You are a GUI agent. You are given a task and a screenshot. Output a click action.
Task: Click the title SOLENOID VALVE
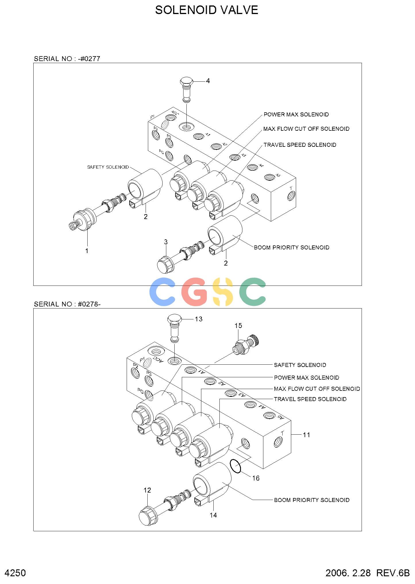pos(206,10)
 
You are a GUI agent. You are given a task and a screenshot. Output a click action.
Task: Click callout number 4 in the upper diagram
pos(208,81)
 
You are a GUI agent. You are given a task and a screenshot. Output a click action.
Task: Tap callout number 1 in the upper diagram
pos(87,251)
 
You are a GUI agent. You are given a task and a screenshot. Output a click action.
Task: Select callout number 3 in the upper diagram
pos(166,242)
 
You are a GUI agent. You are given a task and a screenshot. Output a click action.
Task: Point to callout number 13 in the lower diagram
pos(199,319)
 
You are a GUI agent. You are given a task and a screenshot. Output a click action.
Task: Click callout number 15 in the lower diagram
pos(238,326)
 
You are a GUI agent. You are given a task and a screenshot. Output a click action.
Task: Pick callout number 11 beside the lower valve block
pos(307,435)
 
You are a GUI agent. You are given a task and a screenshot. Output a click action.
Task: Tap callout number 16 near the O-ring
pos(256,478)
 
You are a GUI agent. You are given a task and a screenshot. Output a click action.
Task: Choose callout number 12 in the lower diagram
pos(147,490)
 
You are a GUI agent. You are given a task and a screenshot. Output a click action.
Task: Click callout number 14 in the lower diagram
pos(213,515)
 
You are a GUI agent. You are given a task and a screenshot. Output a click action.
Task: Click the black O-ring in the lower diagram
pos(236,466)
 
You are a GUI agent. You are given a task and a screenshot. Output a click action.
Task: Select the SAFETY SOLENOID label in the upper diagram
pos(108,167)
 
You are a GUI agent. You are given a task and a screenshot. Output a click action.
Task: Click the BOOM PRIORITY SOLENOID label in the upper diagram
pos(292,247)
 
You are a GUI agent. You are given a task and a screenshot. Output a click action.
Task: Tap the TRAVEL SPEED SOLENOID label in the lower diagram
pos(310,399)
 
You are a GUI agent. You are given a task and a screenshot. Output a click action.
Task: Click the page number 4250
pos(16,573)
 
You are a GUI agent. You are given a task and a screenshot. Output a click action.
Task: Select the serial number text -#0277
pos(89,59)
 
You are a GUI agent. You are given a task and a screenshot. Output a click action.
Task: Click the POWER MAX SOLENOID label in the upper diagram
pos(296,114)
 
